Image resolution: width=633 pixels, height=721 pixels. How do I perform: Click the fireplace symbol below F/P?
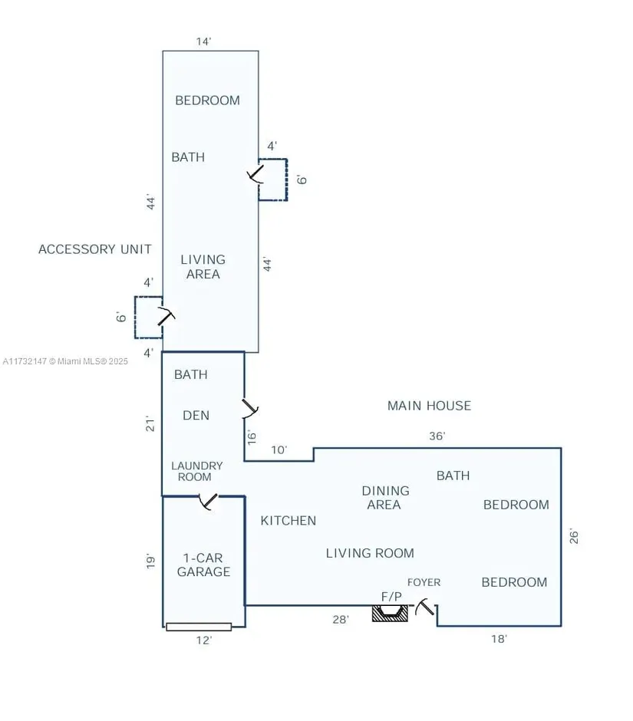(x=390, y=614)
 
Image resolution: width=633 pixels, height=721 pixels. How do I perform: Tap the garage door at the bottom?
(x=199, y=627)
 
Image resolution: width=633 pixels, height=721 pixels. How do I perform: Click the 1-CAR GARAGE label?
(x=203, y=565)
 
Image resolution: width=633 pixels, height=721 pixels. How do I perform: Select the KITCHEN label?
(x=288, y=521)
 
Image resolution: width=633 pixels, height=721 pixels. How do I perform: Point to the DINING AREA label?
(x=385, y=498)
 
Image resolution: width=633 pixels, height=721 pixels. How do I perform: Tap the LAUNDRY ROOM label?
(x=196, y=471)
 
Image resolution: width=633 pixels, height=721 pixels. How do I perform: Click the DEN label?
(x=196, y=415)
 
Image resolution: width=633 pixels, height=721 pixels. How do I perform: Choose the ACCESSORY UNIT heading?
(x=95, y=249)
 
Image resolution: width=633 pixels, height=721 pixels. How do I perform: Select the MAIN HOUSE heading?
(x=429, y=406)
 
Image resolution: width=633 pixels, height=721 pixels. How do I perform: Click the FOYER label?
(x=424, y=582)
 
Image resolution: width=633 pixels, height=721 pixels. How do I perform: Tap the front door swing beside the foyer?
(x=424, y=607)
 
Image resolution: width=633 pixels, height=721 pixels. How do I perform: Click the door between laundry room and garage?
(x=208, y=501)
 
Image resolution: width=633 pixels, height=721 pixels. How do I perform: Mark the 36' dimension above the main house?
(x=437, y=436)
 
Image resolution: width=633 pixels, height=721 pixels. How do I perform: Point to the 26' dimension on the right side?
(x=574, y=536)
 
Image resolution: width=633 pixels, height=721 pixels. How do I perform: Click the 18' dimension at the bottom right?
(x=499, y=639)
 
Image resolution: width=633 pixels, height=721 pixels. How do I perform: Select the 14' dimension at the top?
(x=203, y=41)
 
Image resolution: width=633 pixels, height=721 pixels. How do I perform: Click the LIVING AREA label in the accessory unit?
(x=203, y=267)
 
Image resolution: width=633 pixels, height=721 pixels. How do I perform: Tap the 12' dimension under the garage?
(x=204, y=640)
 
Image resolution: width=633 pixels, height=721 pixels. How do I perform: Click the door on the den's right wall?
(x=250, y=409)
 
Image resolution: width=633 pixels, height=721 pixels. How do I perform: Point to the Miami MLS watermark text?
(x=65, y=361)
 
